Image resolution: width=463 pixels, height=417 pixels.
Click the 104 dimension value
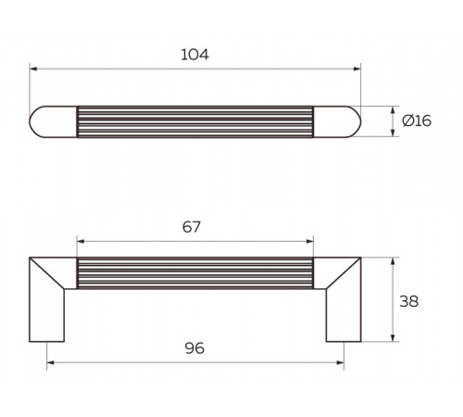tap(194, 55)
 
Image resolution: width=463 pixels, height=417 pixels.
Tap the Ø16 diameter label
tap(417, 120)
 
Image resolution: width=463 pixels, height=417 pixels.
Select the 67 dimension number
tap(192, 227)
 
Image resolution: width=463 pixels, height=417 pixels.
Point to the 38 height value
tap(409, 301)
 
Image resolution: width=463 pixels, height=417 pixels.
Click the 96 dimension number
tap(194, 348)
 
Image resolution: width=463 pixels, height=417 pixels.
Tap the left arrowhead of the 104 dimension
tap(33, 69)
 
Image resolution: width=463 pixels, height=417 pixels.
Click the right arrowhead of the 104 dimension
tap(357, 69)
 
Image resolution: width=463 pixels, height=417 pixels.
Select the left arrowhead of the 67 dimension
tap(81, 241)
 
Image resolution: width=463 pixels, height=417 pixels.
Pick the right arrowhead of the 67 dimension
tap(309, 241)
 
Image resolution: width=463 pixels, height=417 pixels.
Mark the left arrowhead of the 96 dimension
tap(50, 362)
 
